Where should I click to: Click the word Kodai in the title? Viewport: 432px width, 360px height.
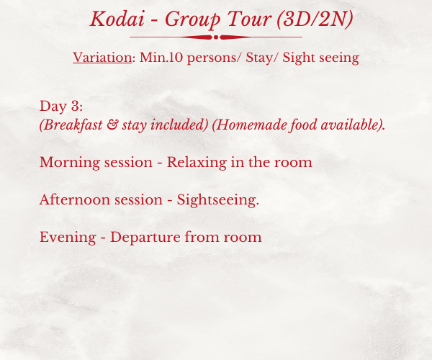coord(117,19)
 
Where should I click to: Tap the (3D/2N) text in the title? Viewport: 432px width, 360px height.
coord(315,19)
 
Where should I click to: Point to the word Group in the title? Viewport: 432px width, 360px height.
coord(192,20)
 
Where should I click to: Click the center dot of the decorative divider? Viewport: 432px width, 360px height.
coord(216,37)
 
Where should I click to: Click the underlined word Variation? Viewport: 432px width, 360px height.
coord(102,58)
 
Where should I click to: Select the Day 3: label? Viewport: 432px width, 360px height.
coord(61,106)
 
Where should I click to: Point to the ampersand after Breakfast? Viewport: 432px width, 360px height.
coord(112,125)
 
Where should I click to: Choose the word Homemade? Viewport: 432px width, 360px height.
coord(251,125)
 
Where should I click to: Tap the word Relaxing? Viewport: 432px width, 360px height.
coord(197,163)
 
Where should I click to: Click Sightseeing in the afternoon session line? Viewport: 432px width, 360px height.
coord(218,200)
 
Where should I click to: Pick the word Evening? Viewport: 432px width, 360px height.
coord(68,238)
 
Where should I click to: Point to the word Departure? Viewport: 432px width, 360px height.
coord(145,238)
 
